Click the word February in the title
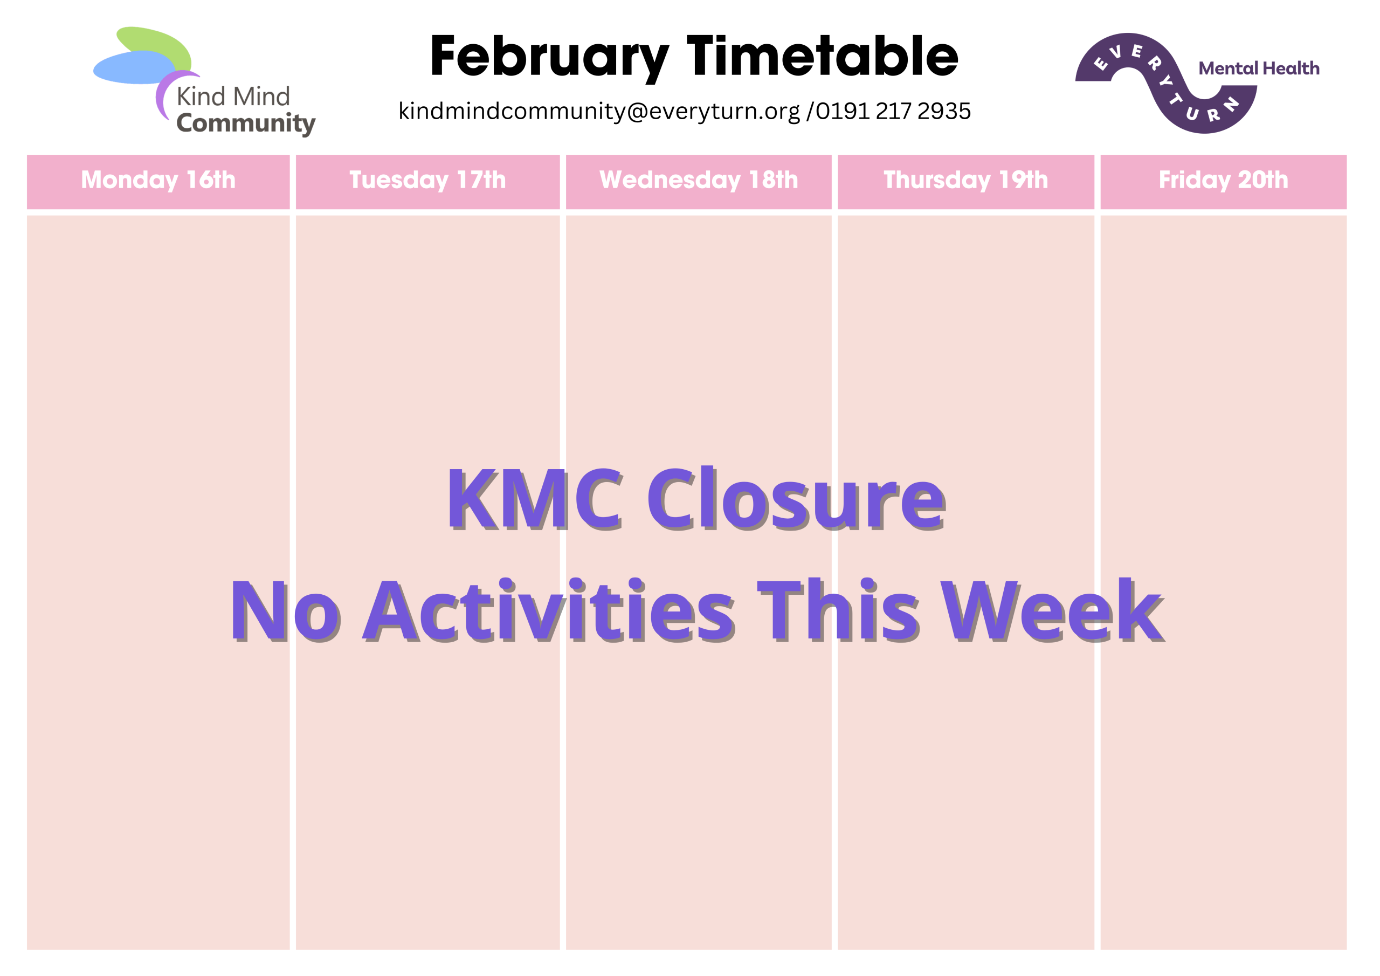(x=549, y=58)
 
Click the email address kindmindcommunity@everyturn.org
(x=599, y=111)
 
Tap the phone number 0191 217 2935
(x=893, y=111)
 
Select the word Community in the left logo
(x=246, y=123)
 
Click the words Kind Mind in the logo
(x=233, y=96)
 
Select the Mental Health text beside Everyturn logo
(x=1259, y=68)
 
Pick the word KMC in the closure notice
(x=534, y=499)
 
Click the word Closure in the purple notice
(x=796, y=499)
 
